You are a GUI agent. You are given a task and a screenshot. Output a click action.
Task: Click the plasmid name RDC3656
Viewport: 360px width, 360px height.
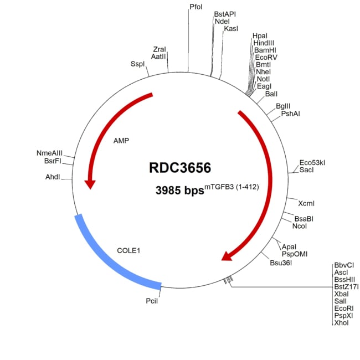[x=180, y=168]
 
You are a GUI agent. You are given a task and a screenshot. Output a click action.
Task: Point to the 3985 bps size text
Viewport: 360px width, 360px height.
[x=180, y=191]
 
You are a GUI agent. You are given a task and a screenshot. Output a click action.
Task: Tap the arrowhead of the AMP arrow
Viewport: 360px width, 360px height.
[x=90, y=184]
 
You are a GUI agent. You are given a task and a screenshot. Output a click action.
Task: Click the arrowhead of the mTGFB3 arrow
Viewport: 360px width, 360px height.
[x=227, y=256]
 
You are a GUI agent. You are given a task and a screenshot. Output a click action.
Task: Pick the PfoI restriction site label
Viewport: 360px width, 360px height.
[x=196, y=7]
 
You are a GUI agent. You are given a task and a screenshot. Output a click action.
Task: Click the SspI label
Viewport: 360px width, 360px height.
[x=137, y=64]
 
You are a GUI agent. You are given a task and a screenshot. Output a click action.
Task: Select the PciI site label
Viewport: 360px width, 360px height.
[x=152, y=301]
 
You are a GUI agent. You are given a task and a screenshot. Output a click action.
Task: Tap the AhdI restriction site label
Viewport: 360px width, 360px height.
[x=53, y=177]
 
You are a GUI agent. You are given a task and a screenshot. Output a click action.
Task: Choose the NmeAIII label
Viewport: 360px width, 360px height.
[x=49, y=153]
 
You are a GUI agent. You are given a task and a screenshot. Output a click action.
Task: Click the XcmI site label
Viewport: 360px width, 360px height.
[x=306, y=203]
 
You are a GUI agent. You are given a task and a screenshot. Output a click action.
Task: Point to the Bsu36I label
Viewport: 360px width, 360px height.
[x=281, y=263]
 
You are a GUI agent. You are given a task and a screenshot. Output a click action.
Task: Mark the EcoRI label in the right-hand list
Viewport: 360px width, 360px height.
[x=344, y=308]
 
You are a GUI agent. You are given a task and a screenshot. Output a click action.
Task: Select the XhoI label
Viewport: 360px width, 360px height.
[x=341, y=323]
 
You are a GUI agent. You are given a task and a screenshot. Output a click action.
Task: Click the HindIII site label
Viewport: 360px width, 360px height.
[x=264, y=43]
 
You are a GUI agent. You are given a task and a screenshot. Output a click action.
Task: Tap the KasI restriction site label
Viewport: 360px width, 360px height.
[x=231, y=29]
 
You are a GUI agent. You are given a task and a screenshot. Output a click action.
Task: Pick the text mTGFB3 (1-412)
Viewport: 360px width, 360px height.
[x=232, y=187]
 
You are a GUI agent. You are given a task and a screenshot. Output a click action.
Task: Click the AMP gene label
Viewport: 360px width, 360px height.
[x=121, y=141]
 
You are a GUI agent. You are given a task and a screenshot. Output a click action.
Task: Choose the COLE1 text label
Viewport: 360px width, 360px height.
[x=128, y=250]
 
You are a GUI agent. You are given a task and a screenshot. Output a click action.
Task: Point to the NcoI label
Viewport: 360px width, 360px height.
[x=300, y=226]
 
